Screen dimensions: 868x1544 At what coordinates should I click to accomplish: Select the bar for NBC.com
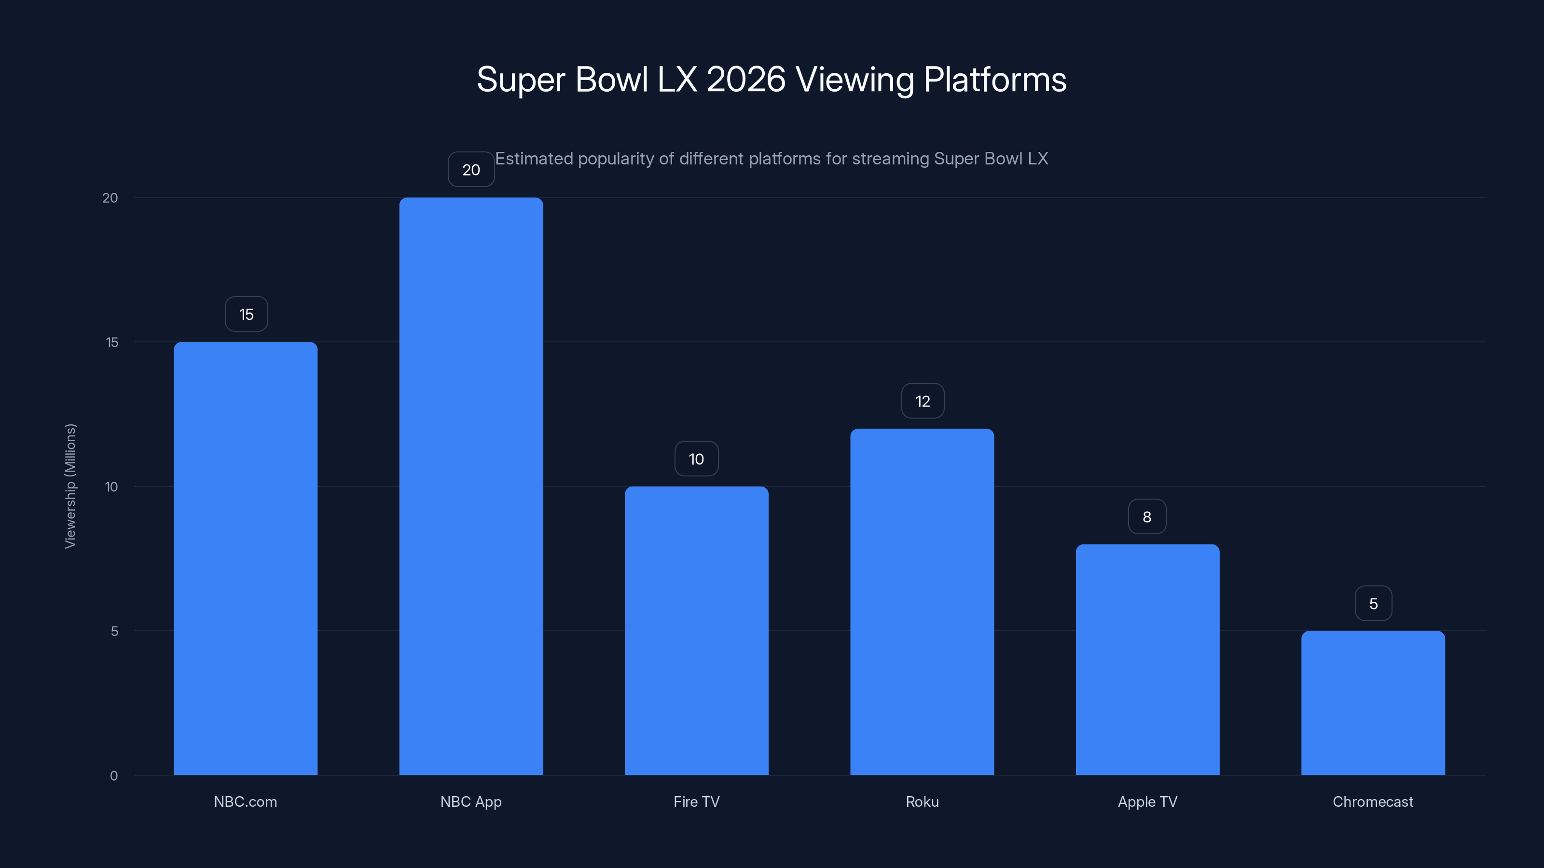coord(245,558)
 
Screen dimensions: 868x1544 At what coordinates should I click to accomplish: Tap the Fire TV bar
coord(696,630)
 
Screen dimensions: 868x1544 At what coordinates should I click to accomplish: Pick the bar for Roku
coord(922,601)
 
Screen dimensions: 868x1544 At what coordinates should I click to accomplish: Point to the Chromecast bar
coord(1373,703)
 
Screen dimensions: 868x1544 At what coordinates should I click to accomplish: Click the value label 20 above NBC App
coord(471,170)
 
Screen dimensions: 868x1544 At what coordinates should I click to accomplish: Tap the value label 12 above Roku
coord(923,401)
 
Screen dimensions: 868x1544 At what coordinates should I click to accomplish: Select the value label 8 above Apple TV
coord(1146,516)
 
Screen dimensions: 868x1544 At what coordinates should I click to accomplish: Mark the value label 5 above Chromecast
coord(1373,603)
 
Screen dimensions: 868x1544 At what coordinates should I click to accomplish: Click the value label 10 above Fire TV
coord(696,459)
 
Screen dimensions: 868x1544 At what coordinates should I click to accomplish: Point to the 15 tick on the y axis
coord(112,342)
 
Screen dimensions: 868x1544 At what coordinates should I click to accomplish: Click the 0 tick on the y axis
coord(114,775)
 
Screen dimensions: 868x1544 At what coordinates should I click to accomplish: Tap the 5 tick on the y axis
coord(114,631)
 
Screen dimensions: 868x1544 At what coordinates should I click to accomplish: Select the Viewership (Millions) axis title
coord(70,486)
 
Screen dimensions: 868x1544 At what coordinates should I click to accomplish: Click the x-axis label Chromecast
coord(1373,801)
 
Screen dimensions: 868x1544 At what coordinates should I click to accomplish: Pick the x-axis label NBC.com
coord(245,801)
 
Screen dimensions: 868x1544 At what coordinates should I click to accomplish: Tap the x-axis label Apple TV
coord(1147,801)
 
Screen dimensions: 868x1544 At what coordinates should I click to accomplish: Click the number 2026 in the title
coord(745,80)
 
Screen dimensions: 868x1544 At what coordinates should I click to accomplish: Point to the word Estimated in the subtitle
coord(534,159)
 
